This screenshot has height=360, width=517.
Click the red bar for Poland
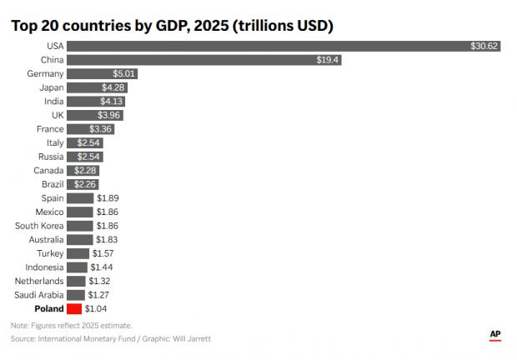tap(74, 308)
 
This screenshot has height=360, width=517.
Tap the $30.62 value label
tap(484, 46)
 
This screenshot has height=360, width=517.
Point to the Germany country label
tap(45, 74)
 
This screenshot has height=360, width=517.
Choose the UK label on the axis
tap(55, 115)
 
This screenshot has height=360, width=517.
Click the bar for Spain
tap(79, 198)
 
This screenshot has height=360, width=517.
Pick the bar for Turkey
tap(78, 253)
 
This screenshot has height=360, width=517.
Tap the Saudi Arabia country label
tap(39, 295)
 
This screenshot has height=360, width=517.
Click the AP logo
tap(494, 334)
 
